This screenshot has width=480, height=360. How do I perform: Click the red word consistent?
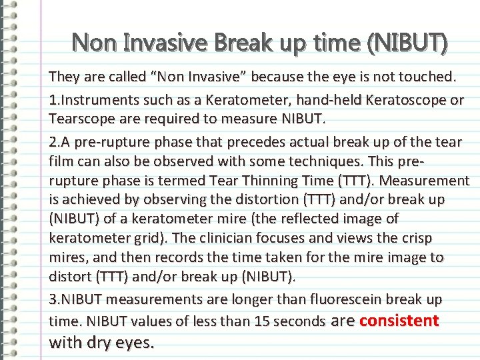coord(399,321)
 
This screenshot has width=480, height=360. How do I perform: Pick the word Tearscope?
coord(79,119)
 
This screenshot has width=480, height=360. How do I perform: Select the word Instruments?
coord(95,100)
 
